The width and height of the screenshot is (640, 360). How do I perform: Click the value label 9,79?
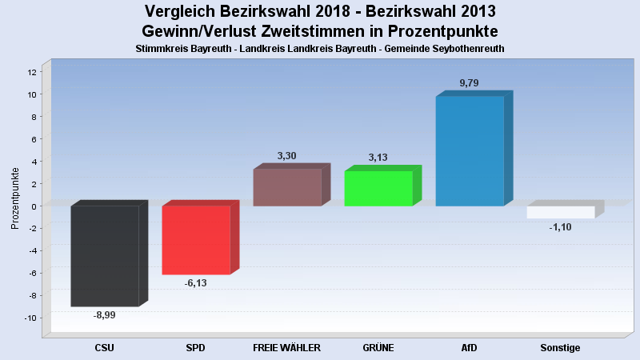(469, 83)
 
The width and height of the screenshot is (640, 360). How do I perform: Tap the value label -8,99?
(105, 315)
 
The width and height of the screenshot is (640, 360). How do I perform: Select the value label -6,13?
(195, 283)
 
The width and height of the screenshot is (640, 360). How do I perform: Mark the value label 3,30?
(286, 155)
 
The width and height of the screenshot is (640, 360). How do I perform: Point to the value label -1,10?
(560, 227)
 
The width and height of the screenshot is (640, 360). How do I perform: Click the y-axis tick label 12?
(32, 72)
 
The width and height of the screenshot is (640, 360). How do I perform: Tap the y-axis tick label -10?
(30, 318)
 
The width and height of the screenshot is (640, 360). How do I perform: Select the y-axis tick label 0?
(34, 206)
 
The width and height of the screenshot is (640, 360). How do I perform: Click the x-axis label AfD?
(469, 348)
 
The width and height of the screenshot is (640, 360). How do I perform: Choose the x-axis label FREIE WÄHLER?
(286, 348)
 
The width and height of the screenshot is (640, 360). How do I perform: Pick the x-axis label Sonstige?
(560, 348)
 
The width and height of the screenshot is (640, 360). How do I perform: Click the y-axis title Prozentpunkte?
(15, 198)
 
